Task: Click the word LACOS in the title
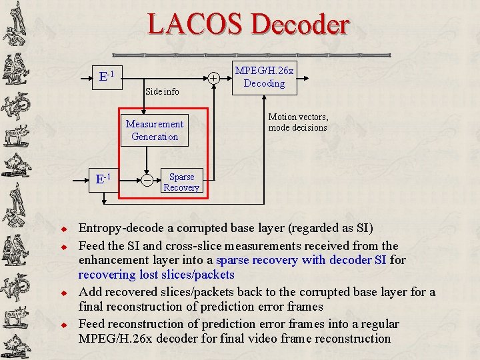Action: pos(195,25)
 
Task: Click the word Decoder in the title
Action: pos(299,25)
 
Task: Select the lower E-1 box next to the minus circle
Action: pos(104,179)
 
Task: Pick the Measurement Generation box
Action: pos(155,130)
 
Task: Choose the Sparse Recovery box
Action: pos(181,182)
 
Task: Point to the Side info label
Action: pos(161,91)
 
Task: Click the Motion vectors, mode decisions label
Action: pos(298,122)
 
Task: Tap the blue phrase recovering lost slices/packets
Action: pos(157,275)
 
